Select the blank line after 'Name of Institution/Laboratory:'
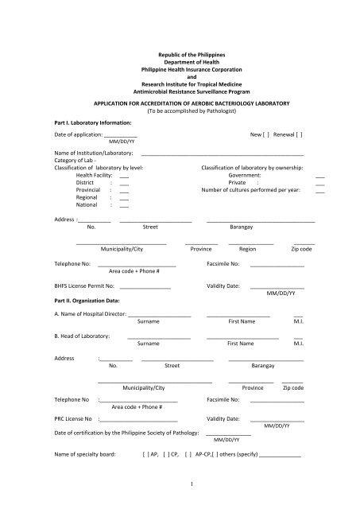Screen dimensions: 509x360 [x=222, y=153]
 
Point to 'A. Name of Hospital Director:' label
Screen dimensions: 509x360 [x=90, y=316]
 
